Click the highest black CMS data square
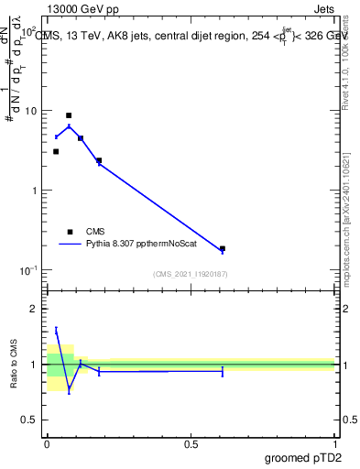pos(69,115)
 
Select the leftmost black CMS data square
pos(56,151)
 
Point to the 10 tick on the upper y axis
pos(33,111)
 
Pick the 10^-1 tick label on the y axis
pos(30,270)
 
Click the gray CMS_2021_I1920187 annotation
pos(191,274)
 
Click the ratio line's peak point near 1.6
pos(56,330)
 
